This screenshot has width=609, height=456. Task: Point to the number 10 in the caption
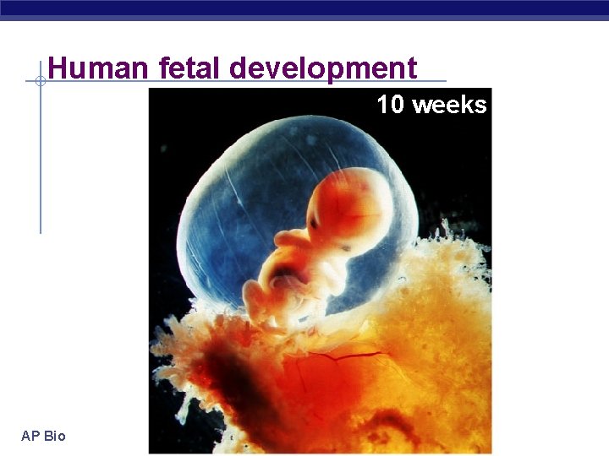click(x=390, y=105)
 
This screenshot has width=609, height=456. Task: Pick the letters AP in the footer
click(x=30, y=436)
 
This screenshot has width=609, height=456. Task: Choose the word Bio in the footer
click(x=55, y=436)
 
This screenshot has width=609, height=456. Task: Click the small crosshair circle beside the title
click(x=40, y=81)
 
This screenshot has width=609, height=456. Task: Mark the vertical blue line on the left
click(x=40, y=169)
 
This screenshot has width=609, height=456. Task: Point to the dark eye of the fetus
click(x=315, y=221)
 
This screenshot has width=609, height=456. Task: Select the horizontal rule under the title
click(x=254, y=82)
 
